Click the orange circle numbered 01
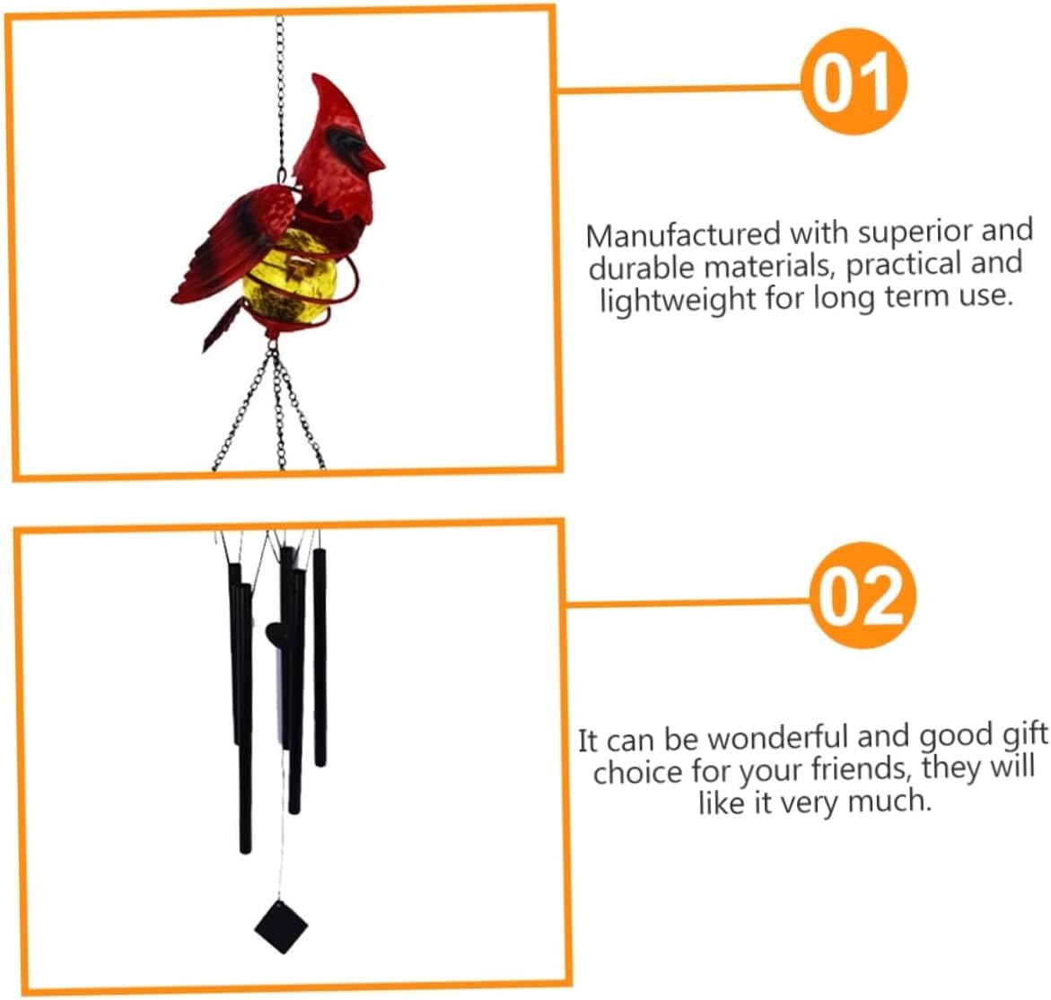pos(854,82)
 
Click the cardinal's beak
pos(371,160)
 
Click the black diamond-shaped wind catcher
pos(281,925)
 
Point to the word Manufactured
pos(683,235)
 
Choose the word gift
pos(1024,735)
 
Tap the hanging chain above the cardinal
pos(280,81)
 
